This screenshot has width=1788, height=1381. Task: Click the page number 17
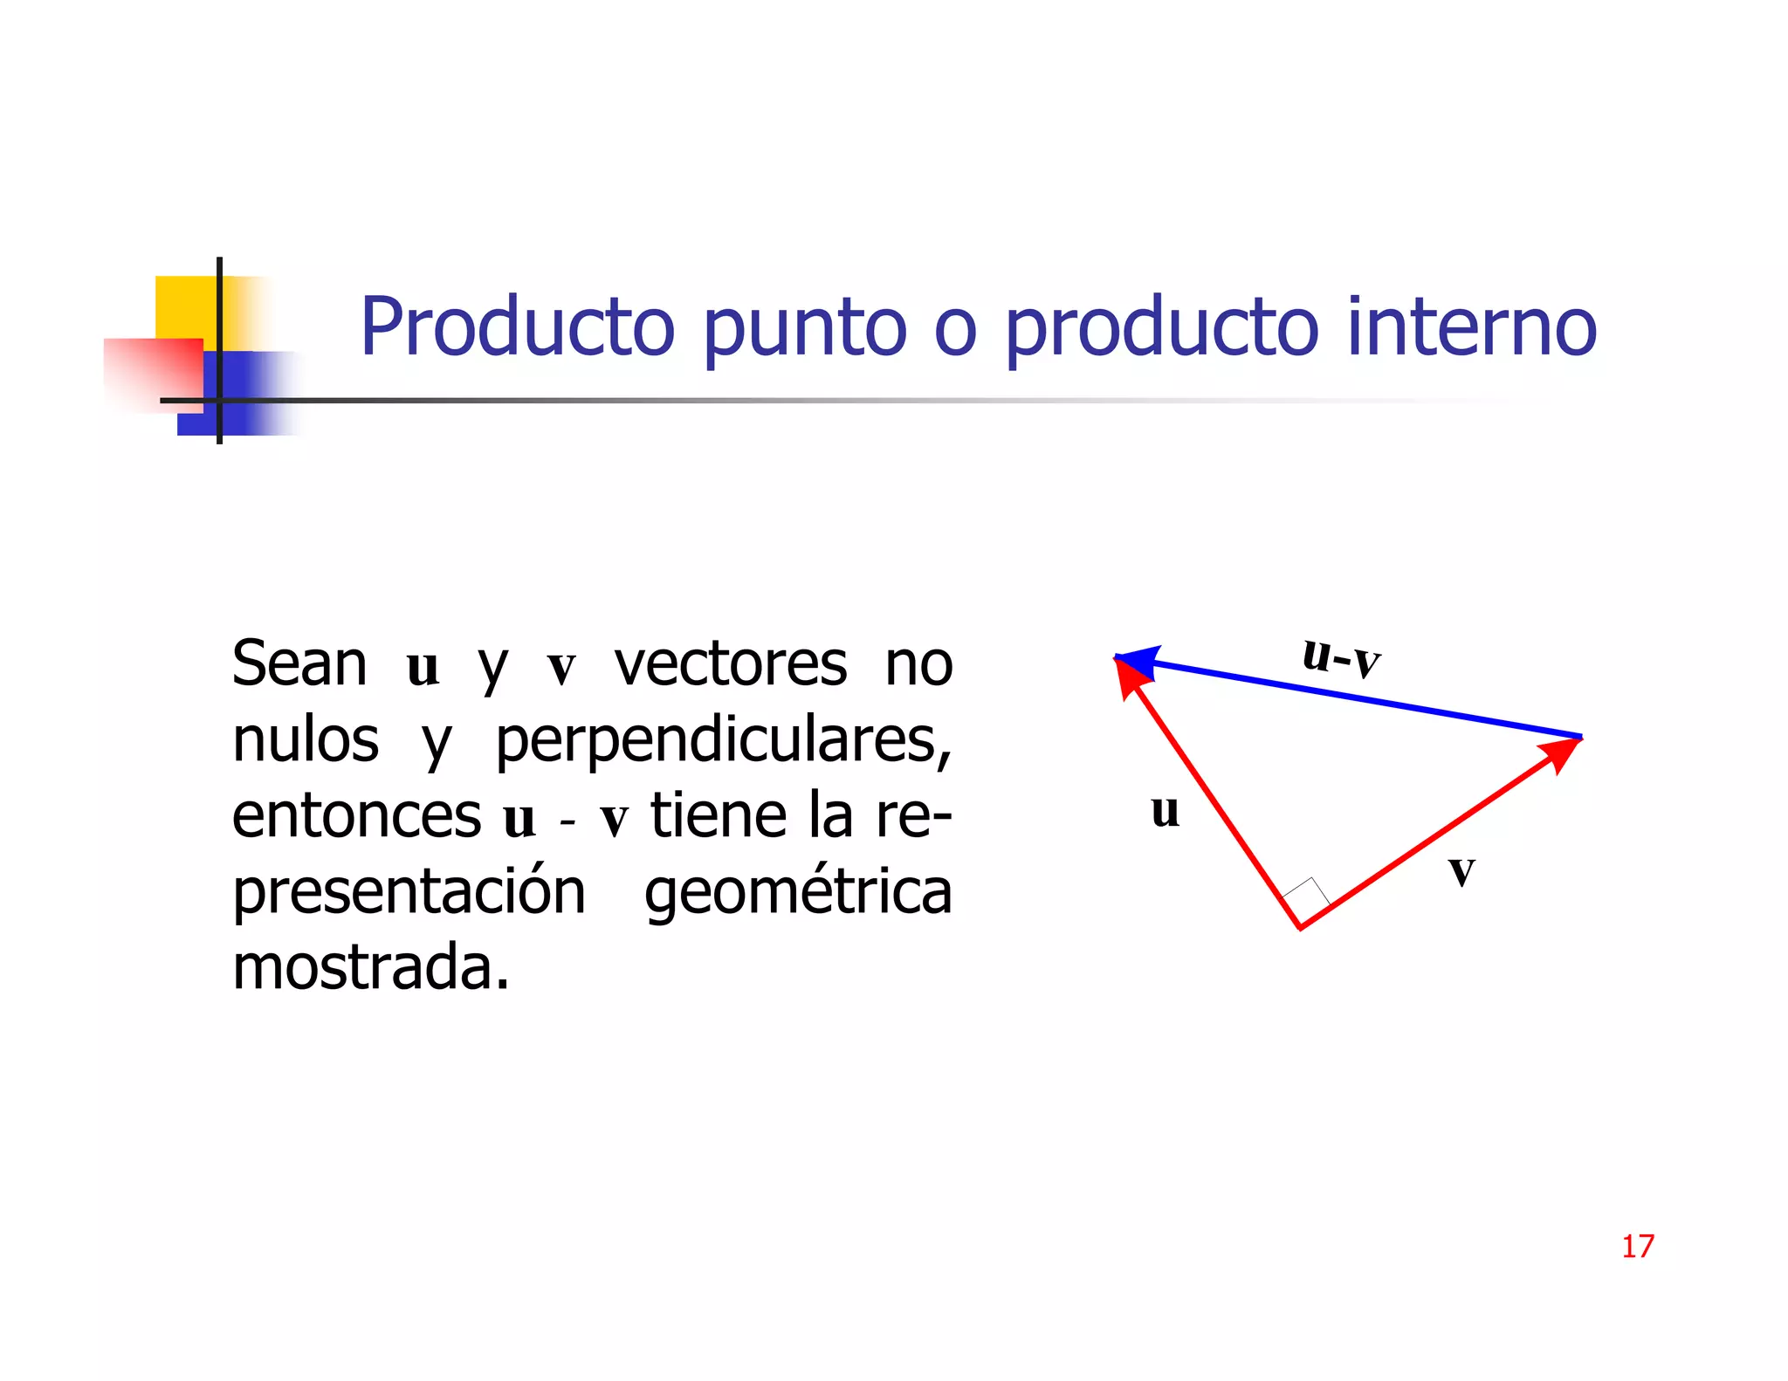(1637, 1246)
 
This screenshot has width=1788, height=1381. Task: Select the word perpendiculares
(723, 742)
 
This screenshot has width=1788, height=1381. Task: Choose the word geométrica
(797, 892)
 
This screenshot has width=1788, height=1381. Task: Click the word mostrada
(370, 967)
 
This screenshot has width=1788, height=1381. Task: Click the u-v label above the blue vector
(1340, 656)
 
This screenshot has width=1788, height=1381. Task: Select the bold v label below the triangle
(1461, 869)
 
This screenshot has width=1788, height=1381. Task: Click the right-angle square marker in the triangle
(1307, 896)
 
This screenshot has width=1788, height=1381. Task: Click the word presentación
(409, 892)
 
